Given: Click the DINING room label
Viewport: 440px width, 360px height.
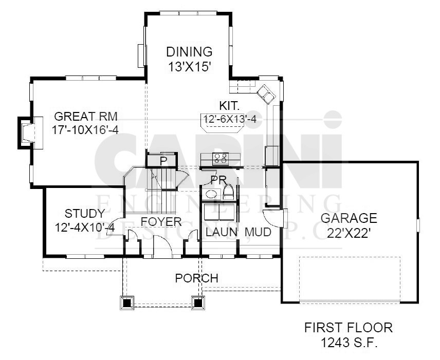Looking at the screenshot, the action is coord(189,52).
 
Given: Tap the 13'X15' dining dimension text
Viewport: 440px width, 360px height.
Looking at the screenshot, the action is coord(189,67).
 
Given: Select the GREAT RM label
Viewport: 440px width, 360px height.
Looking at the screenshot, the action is coord(86,116).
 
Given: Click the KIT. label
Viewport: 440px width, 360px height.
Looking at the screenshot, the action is coord(229,106).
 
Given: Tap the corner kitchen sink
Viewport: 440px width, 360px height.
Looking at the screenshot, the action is coord(267,93).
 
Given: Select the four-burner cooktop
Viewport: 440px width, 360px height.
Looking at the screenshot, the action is coord(221,159).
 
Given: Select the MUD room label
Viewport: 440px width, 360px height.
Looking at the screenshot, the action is coord(258,232).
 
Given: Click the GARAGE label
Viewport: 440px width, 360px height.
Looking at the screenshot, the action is coord(349,218).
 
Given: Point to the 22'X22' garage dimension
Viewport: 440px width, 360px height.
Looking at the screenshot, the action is coord(347,233).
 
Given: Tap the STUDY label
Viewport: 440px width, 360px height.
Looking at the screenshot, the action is coord(85,213).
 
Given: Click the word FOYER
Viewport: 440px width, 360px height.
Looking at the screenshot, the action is coord(161,221).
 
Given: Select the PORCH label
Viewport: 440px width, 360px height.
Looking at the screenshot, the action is coord(197,278).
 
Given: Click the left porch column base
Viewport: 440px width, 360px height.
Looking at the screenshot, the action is coord(127,303).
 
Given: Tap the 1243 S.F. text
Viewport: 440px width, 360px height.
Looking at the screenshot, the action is coord(349,343).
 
